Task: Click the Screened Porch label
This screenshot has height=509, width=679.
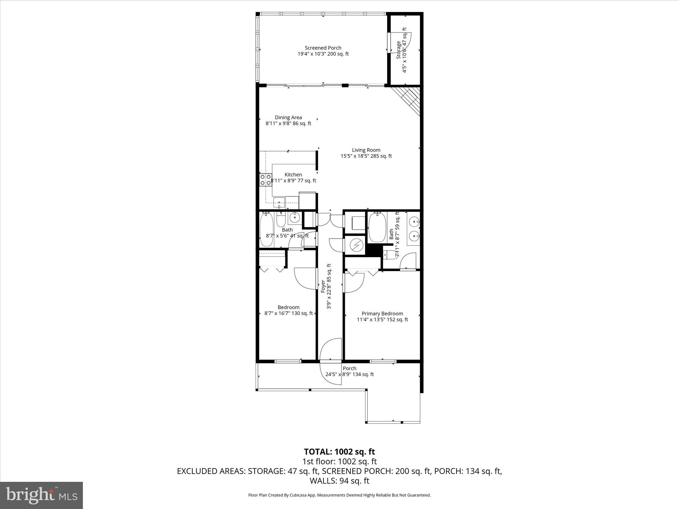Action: coord(323,48)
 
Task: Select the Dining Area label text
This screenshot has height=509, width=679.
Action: coord(288,117)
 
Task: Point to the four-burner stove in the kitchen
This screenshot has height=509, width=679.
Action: coord(266,180)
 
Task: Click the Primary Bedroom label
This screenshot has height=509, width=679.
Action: coord(382,313)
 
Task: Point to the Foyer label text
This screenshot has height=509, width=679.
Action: coord(323,287)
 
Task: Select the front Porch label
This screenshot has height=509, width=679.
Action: coord(349,368)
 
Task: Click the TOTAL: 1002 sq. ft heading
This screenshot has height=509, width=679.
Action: coord(339,452)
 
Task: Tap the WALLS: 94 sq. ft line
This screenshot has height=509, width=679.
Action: coord(339,481)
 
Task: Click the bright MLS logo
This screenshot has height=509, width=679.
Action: coord(41,495)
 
